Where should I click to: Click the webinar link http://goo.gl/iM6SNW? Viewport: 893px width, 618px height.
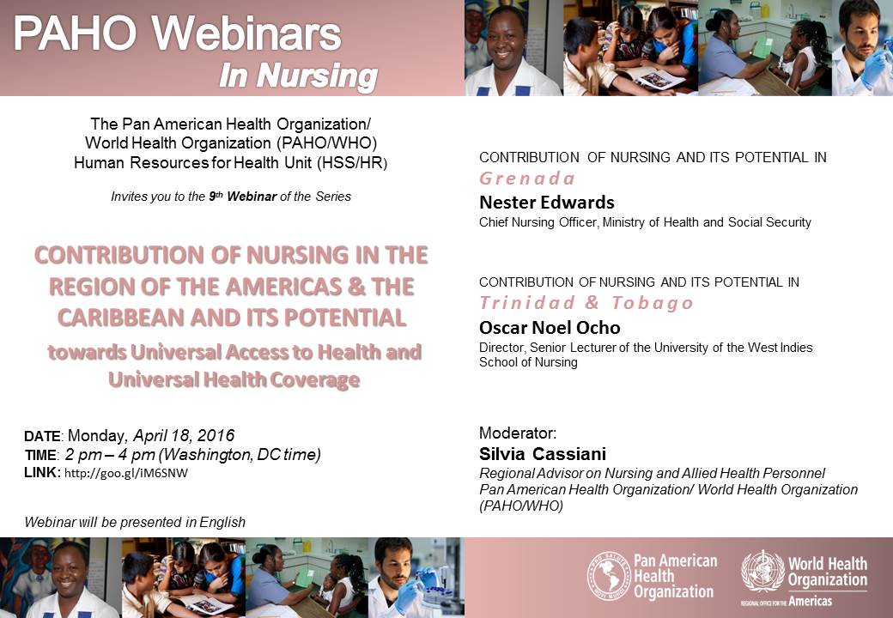tap(126, 473)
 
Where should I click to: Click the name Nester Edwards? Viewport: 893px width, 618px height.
tap(547, 202)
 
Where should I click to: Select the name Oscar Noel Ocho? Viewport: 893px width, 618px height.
tap(550, 327)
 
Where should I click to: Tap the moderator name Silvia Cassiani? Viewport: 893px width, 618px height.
tap(542, 453)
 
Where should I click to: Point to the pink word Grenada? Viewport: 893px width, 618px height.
tap(527, 179)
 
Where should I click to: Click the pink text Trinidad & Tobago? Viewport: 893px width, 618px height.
tap(586, 303)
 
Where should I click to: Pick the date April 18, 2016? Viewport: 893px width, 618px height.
tap(184, 435)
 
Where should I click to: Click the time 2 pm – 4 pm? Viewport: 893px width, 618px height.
tap(110, 455)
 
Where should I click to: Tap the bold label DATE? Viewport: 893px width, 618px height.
tap(42, 437)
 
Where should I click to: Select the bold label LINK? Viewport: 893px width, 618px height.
tap(41, 472)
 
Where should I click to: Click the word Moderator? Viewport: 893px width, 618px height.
tap(517, 433)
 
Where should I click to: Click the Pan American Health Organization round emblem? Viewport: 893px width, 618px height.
tap(608, 576)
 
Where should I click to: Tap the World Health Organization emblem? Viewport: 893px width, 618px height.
tap(762, 572)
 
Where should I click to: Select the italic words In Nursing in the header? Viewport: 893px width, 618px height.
tap(299, 76)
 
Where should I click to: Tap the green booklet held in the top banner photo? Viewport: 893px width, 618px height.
tap(762, 48)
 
